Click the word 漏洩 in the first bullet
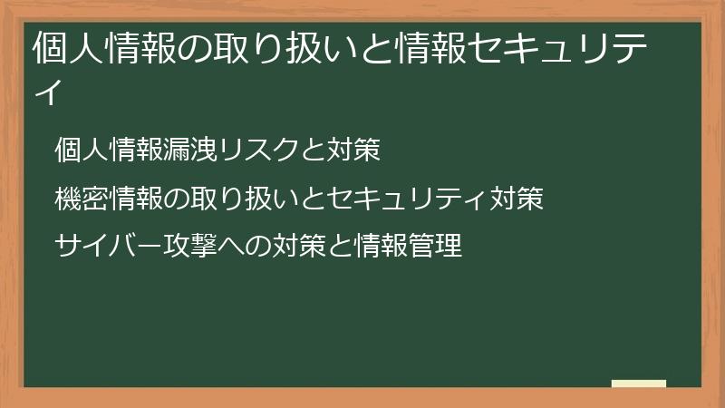[195, 150]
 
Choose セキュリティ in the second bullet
[408, 198]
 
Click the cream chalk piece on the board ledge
[638, 384]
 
